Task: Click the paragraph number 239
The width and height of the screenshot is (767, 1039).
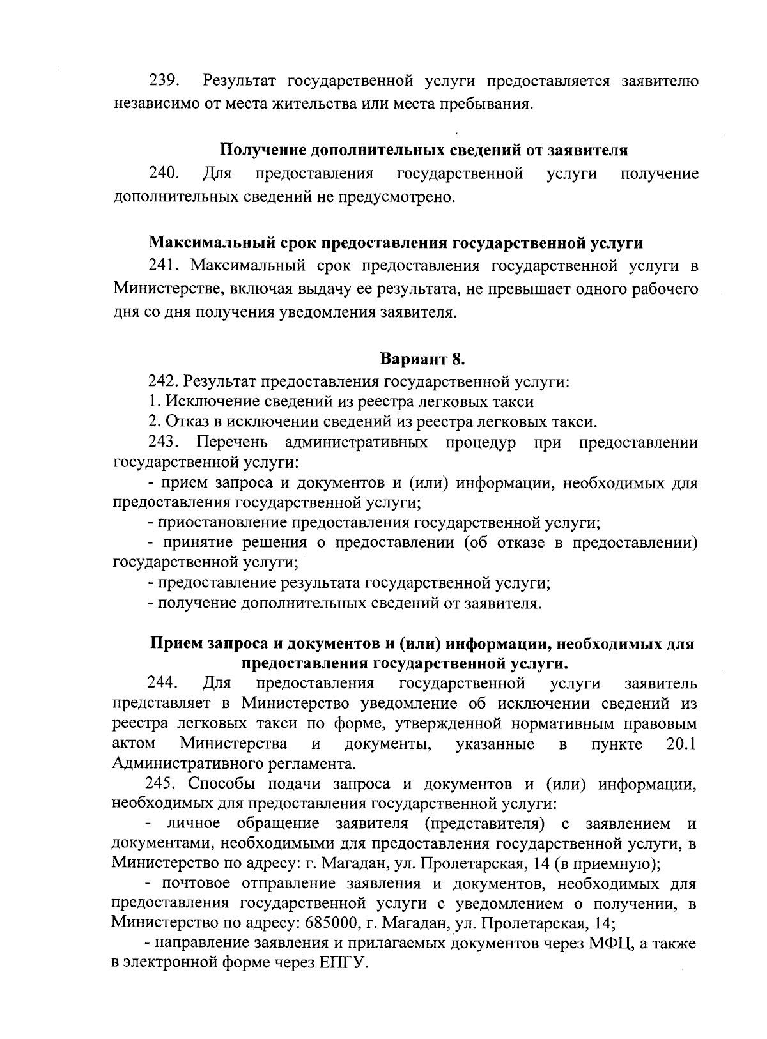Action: (164, 81)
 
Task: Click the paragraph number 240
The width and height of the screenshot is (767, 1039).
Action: (164, 174)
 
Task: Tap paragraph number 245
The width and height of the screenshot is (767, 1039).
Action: (162, 784)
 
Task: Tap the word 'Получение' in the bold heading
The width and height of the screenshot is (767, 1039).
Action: (263, 150)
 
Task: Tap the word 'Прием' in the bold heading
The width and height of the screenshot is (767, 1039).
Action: (174, 643)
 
